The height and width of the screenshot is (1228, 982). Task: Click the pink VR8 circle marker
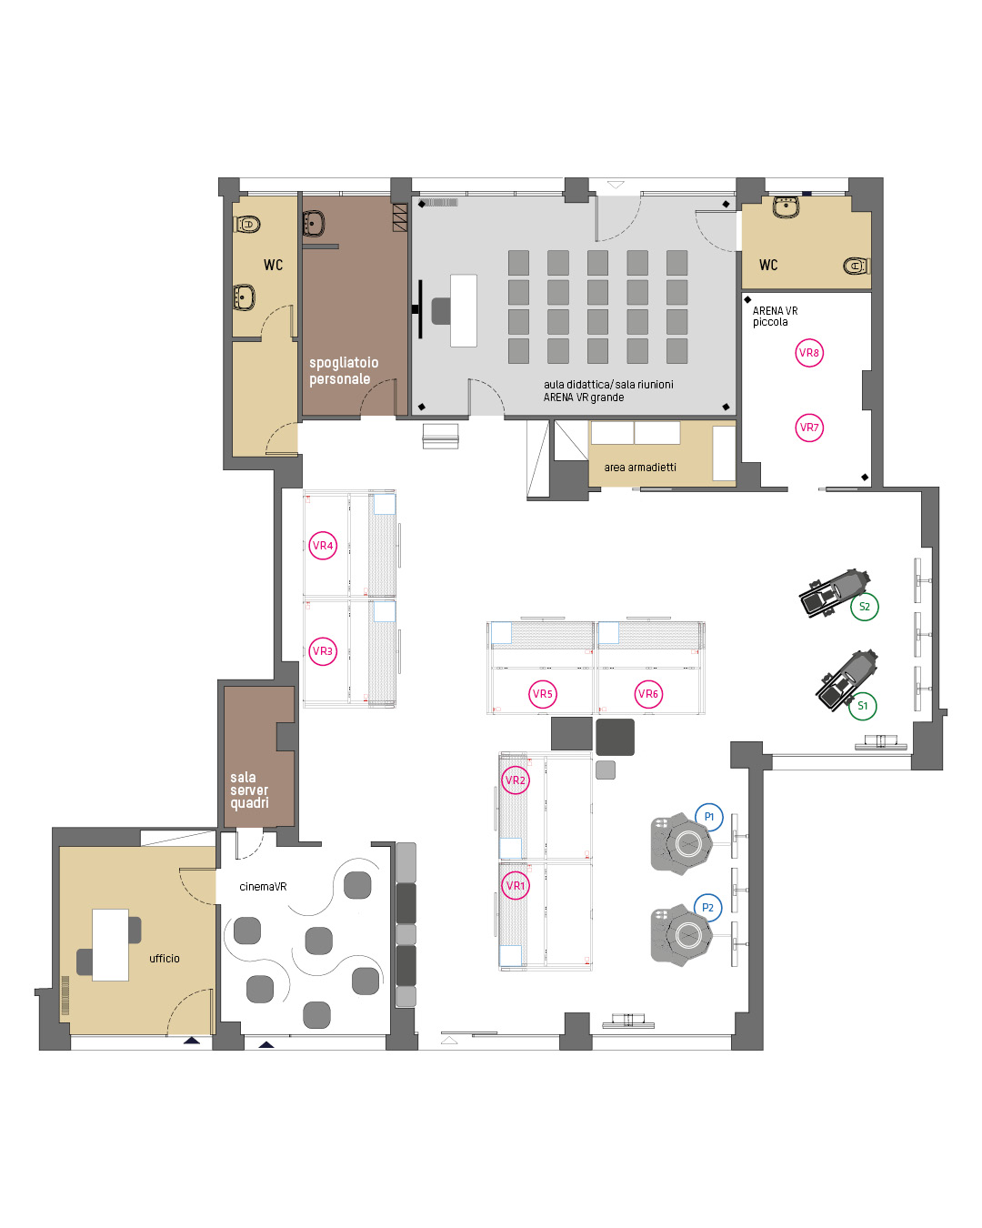(808, 353)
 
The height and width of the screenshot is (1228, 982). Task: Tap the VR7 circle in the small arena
(808, 428)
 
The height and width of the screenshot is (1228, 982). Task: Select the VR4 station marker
(323, 546)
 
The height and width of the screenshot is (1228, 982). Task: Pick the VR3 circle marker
(323, 651)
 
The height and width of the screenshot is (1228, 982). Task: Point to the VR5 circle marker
(542, 694)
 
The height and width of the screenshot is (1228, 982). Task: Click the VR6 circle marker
(647, 694)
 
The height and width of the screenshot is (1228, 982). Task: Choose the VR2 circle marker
(515, 780)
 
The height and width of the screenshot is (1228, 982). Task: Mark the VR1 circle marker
(515, 886)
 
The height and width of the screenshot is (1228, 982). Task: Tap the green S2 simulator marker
(864, 607)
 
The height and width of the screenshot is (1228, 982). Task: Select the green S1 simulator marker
(862, 706)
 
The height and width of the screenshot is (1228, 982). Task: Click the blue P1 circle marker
(708, 817)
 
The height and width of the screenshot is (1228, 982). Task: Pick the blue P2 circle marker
(707, 907)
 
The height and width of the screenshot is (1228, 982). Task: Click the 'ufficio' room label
(165, 958)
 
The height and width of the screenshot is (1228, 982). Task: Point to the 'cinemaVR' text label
(263, 886)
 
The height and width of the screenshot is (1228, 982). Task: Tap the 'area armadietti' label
(639, 467)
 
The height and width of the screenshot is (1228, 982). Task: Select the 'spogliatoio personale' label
(344, 370)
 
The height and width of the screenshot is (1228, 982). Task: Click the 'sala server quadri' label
(249, 790)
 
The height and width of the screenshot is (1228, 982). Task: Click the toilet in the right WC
(856, 266)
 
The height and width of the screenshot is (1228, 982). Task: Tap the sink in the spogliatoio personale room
(314, 223)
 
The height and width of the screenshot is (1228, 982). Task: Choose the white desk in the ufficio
(110, 944)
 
